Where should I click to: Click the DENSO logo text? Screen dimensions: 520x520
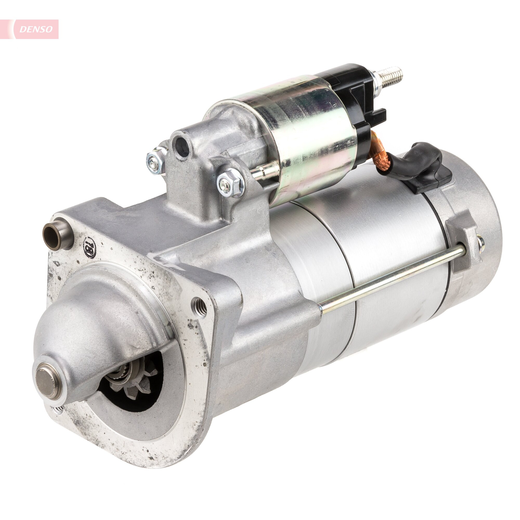(36, 29)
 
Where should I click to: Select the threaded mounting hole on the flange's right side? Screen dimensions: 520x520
(199, 307)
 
